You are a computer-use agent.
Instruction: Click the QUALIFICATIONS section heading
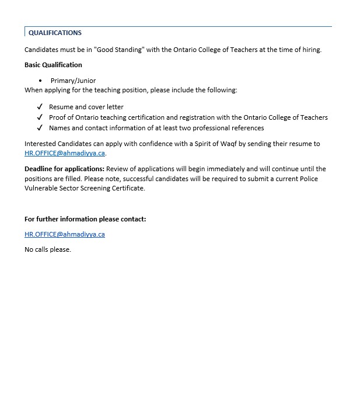[55, 33]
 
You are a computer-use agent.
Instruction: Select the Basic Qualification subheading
[53, 65]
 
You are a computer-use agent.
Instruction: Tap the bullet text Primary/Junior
[73, 81]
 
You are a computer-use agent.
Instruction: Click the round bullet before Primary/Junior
[40, 81]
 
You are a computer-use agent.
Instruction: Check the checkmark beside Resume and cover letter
[40, 107]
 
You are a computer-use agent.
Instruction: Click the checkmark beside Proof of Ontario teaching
[40, 117]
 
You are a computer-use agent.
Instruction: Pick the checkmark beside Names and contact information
[40, 128]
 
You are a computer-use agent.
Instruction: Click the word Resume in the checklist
[61, 107]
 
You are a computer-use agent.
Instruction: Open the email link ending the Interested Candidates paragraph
[65, 154]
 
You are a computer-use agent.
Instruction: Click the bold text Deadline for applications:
[64, 169]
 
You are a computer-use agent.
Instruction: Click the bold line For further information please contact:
[85, 219]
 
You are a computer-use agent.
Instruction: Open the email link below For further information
[65, 234]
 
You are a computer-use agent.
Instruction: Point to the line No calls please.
[48, 249]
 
